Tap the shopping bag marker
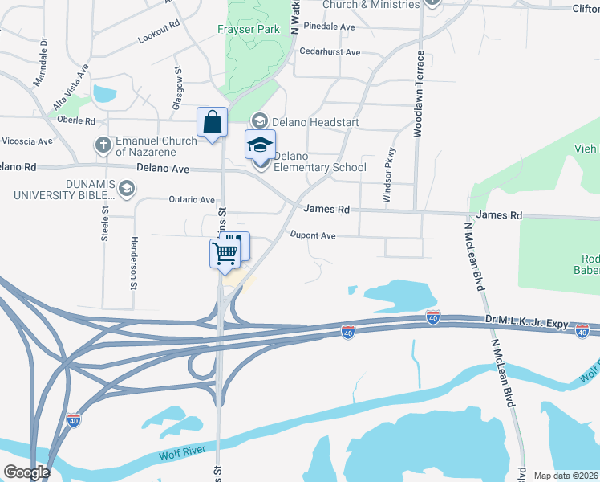tap(213, 124)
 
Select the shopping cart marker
tap(225, 253)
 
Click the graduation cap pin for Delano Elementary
tap(260, 146)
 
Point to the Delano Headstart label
tap(314, 122)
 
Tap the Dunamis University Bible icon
tap(125, 188)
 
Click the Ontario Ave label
tap(192, 200)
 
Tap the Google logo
tap(26, 472)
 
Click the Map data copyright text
tap(566, 476)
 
